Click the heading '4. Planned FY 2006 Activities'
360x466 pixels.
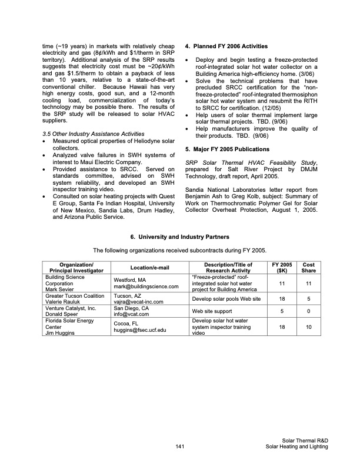[x=226, y=46]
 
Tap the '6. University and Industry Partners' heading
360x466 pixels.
[x=180, y=237]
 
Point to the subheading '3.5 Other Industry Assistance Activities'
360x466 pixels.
[x=91, y=134]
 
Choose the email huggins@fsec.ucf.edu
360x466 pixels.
[x=141, y=331]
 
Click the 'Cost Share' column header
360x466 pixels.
[x=308, y=268]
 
